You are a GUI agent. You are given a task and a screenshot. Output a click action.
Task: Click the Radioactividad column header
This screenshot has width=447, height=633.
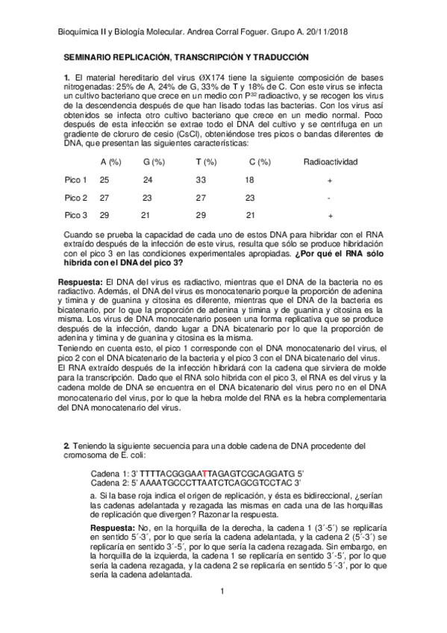click(x=331, y=161)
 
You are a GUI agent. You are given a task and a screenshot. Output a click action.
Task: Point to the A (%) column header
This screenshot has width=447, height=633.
click(x=110, y=161)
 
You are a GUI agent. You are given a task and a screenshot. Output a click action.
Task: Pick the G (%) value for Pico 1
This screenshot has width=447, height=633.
click(x=148, y=180)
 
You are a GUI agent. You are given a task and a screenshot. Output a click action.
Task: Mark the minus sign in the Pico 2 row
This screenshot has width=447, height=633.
click(x=329, y=198)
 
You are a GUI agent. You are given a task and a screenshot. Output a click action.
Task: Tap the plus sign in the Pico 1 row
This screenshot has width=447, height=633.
click(x=329, y=181)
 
